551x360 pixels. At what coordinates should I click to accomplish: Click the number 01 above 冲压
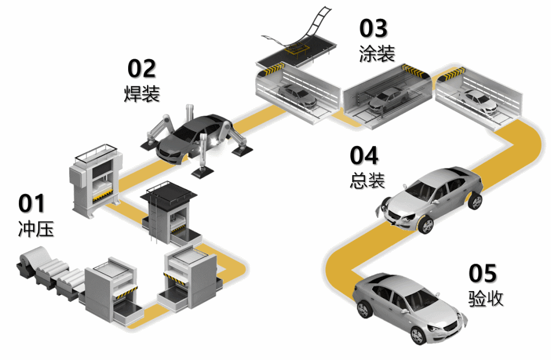(32, 203)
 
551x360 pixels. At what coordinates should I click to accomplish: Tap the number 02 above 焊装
(141, 68)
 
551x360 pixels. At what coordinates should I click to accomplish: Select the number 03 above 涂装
(374, 29)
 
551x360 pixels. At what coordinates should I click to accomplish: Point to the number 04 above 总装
(364, 155)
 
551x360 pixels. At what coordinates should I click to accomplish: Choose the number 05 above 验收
(483, 273)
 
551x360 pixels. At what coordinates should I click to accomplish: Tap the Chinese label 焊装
(142, 93)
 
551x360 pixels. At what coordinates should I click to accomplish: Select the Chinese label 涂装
(377, 54)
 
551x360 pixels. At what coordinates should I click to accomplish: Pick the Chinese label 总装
(368, 180)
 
